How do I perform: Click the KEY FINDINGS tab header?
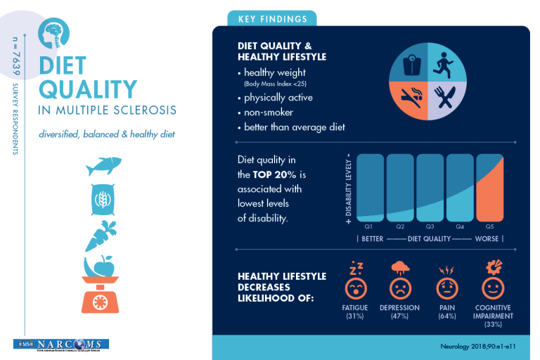tap(272, 19)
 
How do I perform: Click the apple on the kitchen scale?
tap(105, 266)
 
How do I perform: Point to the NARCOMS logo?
tap(60, 345)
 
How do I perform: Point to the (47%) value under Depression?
tap(399, 316)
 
